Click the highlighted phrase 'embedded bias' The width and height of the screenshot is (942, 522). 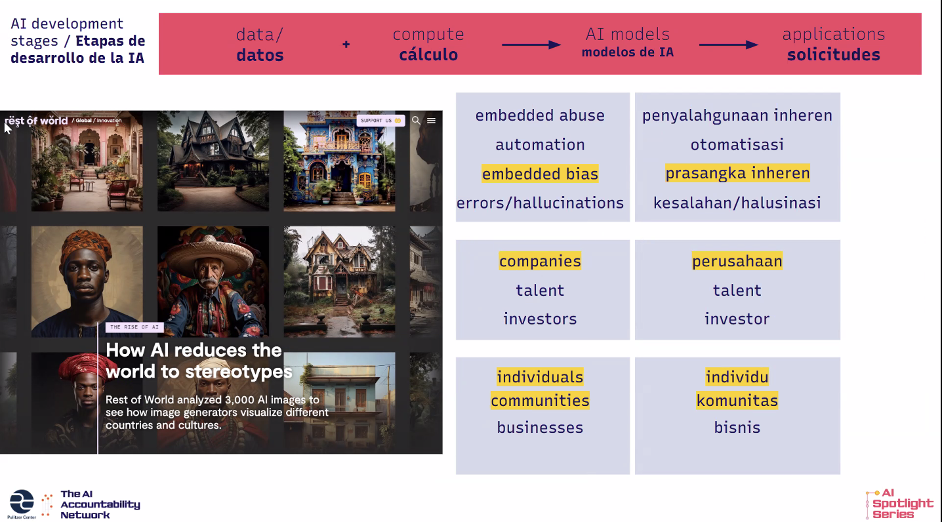pyautogui.click(x=540, y=174)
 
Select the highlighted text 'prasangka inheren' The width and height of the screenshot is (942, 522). pyautogui.click(x=737, y=173)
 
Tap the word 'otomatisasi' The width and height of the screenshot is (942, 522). pyautogui.click(x=737, y=144)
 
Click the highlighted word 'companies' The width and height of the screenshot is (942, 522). pyautogui.click(x=540, y=261)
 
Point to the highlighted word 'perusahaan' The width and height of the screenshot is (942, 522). pyautogui.click(x=737, y=261)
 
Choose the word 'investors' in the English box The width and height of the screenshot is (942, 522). pyautogui.click(x=540, y=319)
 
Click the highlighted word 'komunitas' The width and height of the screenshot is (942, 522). pyautogui.click(x=737, y=401)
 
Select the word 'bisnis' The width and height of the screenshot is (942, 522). pyautogui.click(x=737, y=428)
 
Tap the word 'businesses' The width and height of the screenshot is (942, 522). pyautogui.click(x=540, y=428)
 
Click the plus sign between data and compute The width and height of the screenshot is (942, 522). pyautogui.click(x=346, y=44)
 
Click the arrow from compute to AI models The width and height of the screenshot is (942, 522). pyautogui.click(x=531, y=45)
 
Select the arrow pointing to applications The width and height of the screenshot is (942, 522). pyautogui.click(x=729, y=45)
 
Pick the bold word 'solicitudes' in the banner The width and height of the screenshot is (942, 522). pyautogui.click(x=834, y=54)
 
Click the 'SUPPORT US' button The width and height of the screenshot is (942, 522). pyautogui.click(x=380, y=121)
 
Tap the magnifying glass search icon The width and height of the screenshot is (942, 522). pyautogui.click(x=416, y=121)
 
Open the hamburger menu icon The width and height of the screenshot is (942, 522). pyautogui.click(x=432, y=121)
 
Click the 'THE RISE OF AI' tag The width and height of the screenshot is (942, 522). pyautogui.click(x=134, y=327)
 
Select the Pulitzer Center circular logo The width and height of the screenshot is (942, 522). pyautogui.click(x=22, y=502)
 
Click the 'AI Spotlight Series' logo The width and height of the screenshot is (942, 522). pyautogui.click(x=899, y=504)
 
